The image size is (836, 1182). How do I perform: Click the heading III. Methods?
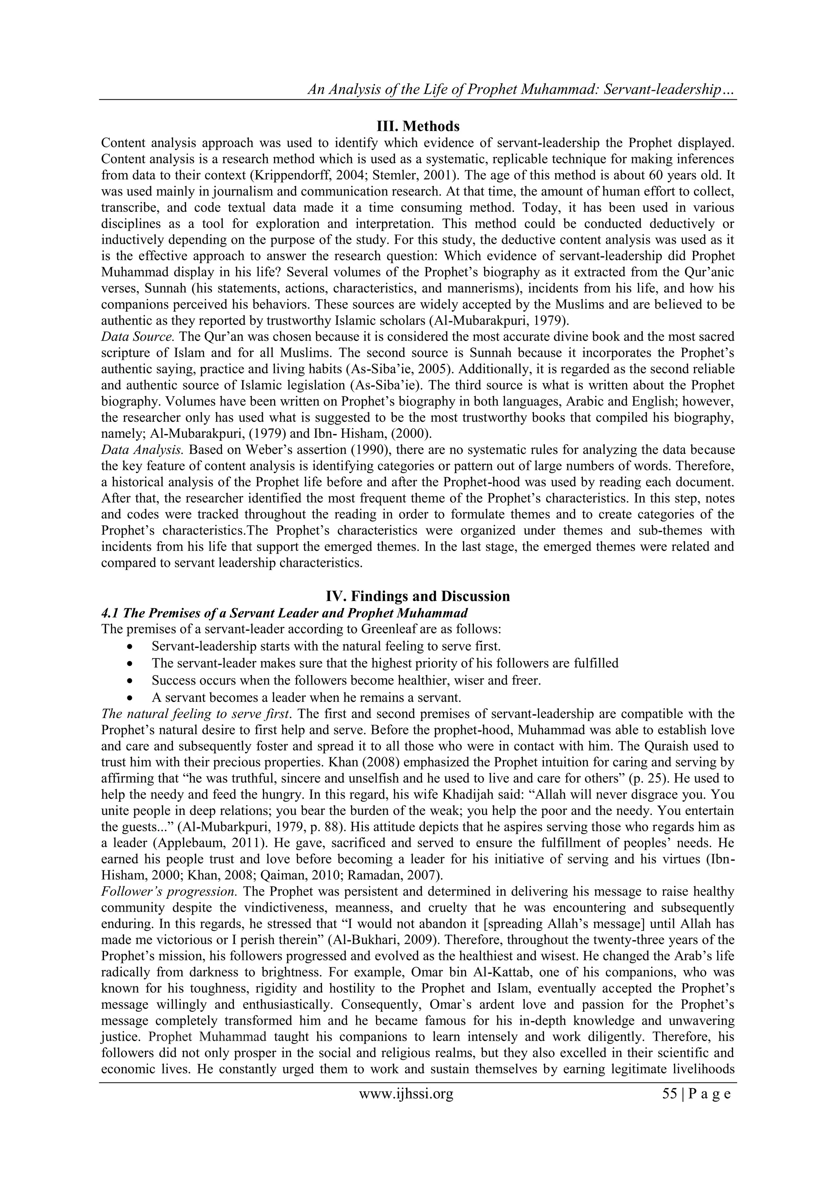click(418, 126)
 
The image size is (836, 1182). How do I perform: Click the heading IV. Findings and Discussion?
click(418, 596)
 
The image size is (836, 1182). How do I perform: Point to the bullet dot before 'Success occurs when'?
click(132, 681)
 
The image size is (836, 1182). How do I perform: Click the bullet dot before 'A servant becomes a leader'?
click(132, 698)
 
